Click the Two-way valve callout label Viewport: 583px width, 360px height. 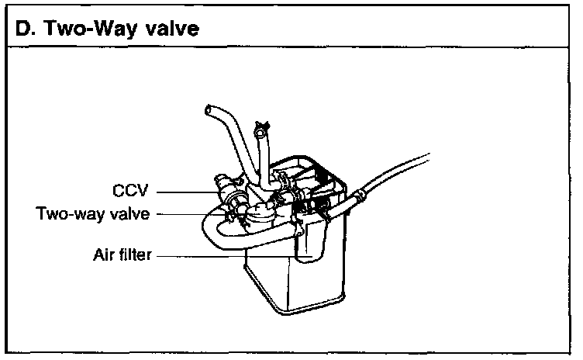92,214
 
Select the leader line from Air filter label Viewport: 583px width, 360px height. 225,254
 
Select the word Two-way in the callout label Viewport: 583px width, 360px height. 61,214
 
